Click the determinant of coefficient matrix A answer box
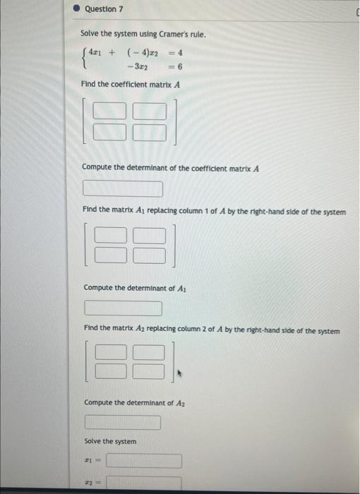point(123,189)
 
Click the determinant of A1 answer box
point(124,308)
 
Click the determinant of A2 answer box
point(123,423)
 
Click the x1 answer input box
point(144,461)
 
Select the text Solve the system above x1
point(110,441)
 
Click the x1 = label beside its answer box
point(90,461)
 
